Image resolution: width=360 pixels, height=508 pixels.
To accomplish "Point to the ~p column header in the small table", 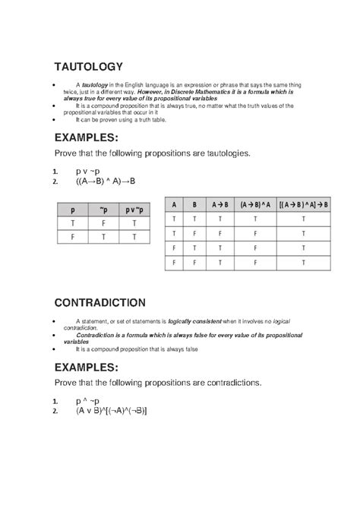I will (x=103, y=209).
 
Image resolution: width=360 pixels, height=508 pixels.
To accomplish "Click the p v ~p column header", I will (x=134, y=209).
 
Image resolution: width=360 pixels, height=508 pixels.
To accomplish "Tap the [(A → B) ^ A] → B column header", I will (x=304, y=204).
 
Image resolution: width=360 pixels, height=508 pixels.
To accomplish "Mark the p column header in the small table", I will (x=73, y=209).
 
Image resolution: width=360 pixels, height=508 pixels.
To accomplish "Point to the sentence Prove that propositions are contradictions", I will (x=157, y=382).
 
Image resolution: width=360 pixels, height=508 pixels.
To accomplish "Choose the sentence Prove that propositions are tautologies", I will (x=152, y=153).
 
